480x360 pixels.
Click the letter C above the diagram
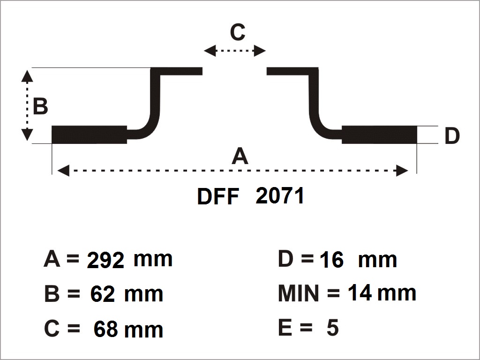(x=238, y=32)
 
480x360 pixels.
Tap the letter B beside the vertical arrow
(x=40, y=106)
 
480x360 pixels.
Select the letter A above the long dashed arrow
(x=240, y=156)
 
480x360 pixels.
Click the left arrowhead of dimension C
(x=210, y=51)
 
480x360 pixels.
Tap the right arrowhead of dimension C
(x=260, y=51)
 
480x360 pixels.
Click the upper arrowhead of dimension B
(x=27, y=76)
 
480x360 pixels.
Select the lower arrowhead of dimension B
(x=27, y=135)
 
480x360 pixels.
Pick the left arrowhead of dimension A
(x=63, y=171)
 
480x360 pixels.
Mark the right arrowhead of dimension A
(x=402, y=171)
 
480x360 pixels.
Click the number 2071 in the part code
(x=280, y=195)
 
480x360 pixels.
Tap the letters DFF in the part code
(x=218, y=196)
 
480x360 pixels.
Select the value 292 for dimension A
(x=105, y=260)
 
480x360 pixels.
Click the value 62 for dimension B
(x=103, y=294)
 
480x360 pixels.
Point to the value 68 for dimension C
(x=105, y=329)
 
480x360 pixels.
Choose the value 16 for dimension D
(x=331, y=260)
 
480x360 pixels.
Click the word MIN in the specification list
(x=299, y=293)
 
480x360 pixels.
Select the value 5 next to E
(x=333, y=328)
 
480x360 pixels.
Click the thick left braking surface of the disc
(x=89, y=135)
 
